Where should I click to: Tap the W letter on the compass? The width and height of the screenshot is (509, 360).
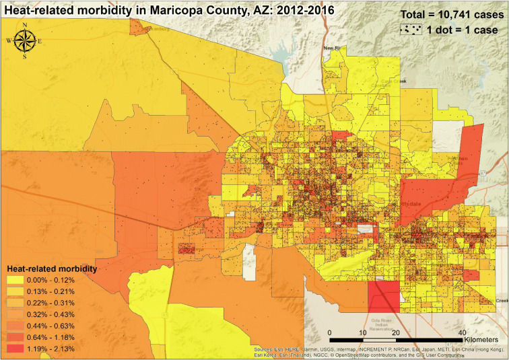(9, 41)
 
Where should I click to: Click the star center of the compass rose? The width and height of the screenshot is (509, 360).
(25, 41)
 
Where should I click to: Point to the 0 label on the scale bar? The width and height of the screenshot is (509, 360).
(330, 333)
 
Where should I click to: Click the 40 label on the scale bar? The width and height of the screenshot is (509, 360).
(461, 333)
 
